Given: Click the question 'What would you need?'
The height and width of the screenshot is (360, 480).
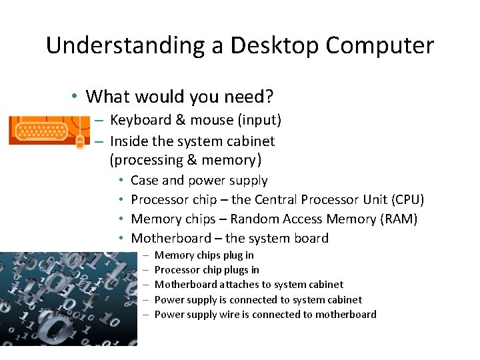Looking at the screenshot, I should coord(179,97).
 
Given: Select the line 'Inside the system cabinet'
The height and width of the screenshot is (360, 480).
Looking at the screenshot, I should coord(192,141).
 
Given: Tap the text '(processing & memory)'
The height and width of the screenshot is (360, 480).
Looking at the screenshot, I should coord(185,160).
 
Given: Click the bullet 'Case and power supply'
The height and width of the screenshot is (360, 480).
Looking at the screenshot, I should coord(199,180).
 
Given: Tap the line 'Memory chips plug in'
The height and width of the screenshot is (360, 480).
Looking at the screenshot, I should coord(204,255).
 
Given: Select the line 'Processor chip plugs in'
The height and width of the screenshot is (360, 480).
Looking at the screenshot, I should coord(207,269).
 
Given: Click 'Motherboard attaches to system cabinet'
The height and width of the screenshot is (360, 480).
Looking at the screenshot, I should coord(249,285).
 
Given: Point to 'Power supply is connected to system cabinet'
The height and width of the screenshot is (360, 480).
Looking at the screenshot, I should coord(258,299).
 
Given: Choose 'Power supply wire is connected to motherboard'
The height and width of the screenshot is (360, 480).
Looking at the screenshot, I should coord(265,315).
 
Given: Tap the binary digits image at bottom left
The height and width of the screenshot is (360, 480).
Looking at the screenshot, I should coord(68,299).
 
